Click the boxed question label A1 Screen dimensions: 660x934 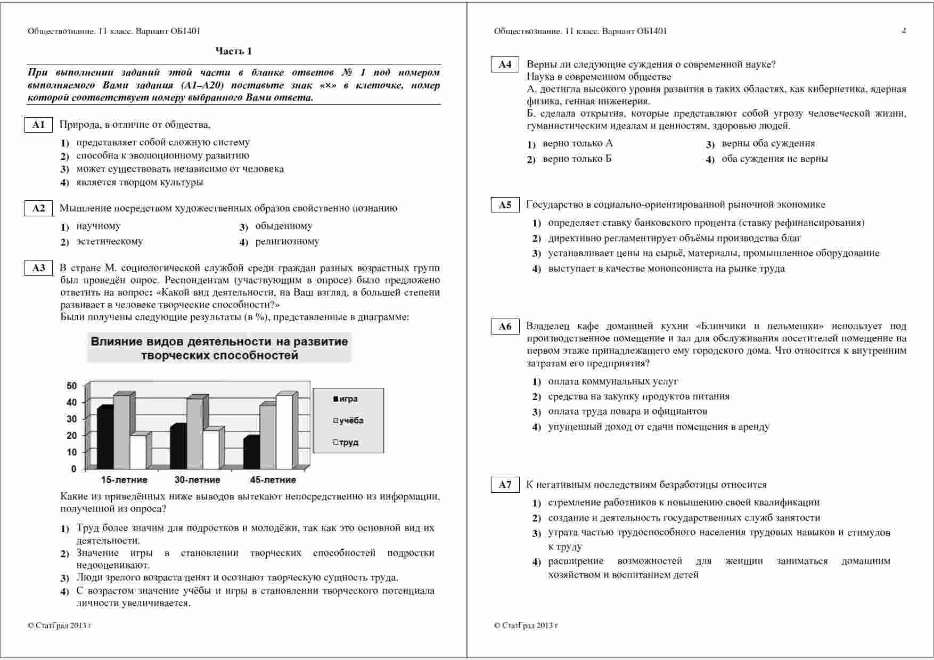coord(38,125)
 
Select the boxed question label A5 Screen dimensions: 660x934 coord(504,205)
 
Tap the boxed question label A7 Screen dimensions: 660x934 coord(504,485)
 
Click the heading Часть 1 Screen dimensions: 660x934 coord(233,51)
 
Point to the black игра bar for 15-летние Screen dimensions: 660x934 coord(105,438)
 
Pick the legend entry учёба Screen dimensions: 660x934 coord(349,421)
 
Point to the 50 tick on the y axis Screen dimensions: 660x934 coord(71,386)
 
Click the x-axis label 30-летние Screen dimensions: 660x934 coord(198,480)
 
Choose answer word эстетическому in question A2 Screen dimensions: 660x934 coord(110,241)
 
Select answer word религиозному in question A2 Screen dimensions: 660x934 coord(288,241)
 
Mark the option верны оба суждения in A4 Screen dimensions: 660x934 coord(768,143)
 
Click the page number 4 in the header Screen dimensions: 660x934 coord(904,31)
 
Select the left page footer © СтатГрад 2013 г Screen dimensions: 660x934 coord(60,625)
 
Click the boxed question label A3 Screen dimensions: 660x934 coord(38,268)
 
